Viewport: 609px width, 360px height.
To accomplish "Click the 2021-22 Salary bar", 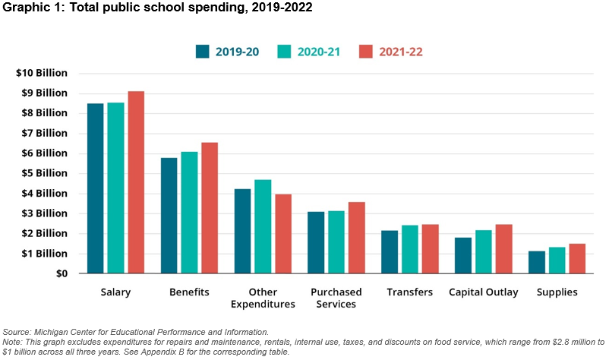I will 136,182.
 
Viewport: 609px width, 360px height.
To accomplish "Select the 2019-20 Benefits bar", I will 169,216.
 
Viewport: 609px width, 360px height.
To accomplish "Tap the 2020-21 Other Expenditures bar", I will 263,226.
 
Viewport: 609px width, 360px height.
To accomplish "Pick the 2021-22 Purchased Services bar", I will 356,238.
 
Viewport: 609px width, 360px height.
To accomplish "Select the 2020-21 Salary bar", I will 115,188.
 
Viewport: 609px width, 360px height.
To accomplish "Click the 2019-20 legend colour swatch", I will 202,52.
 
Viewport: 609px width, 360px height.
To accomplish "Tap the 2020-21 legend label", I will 318,52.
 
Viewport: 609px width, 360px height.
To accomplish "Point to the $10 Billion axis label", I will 42,73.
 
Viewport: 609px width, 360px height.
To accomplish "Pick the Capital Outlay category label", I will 483,292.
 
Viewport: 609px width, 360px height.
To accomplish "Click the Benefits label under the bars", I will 189,292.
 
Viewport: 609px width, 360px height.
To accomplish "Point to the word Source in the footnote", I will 17,332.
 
